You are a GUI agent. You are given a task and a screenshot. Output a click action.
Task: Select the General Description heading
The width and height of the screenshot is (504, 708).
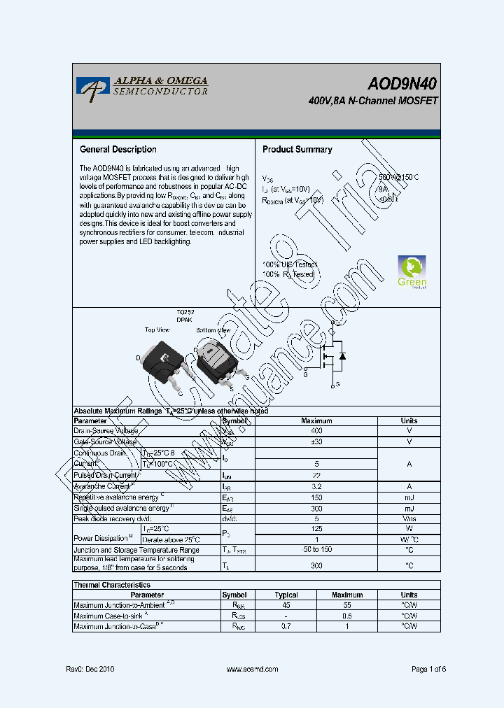118,150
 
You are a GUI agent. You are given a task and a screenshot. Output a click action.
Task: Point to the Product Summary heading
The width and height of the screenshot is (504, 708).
297,150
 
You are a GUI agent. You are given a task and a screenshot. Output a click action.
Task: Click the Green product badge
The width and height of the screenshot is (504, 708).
412,272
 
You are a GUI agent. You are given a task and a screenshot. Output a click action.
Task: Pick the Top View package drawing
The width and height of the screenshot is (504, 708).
162,360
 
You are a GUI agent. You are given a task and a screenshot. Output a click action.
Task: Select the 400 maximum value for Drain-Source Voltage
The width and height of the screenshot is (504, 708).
316,432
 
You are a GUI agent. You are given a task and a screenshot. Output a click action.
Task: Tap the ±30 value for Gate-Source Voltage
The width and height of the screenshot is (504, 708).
316,442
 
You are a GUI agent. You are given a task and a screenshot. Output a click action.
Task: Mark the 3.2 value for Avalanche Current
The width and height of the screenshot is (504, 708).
316,486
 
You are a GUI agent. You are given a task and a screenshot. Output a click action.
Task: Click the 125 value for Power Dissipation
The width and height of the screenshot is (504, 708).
316,529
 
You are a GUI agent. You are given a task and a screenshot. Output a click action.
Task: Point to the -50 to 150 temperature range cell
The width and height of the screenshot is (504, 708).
316,550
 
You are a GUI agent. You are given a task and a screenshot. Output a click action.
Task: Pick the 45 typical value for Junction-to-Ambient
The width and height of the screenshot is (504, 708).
286,605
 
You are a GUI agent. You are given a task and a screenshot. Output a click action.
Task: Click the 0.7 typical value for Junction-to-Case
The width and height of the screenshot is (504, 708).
286,627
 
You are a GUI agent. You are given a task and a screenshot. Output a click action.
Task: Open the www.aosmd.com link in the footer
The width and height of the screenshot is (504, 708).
253,669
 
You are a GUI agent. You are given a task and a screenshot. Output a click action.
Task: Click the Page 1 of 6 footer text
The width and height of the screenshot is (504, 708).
428,669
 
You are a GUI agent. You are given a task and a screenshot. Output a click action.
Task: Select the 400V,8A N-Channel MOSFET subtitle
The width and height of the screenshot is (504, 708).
372,101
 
